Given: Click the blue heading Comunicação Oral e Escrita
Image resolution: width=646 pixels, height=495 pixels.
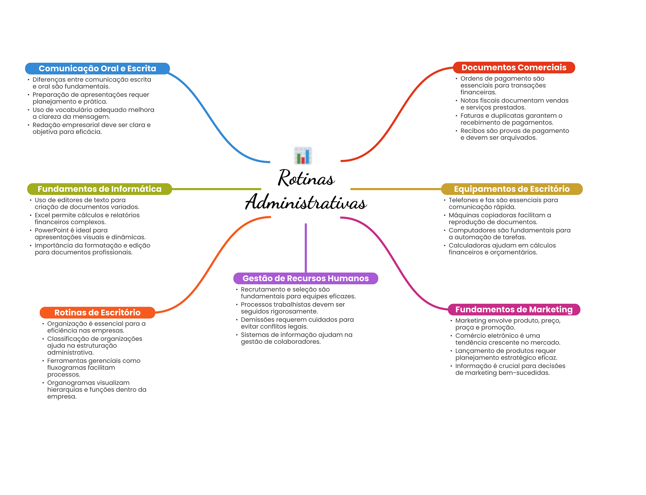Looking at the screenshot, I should click(97, 68).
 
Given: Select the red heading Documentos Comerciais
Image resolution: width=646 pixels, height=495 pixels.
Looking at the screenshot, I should click(514, 68).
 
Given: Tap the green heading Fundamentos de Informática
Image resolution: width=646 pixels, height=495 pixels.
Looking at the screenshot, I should click(99, 189).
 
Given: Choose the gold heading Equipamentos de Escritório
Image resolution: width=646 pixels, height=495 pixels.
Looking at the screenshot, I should click(511, 189).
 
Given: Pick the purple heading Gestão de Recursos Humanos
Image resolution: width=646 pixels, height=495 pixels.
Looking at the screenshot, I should click(305, 278).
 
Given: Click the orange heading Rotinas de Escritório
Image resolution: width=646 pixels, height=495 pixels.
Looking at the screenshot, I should click(97, 312).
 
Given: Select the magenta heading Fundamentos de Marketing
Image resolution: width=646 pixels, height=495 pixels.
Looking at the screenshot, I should click(514, 309).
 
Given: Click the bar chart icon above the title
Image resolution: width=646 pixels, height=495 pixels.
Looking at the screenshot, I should click(303, 156).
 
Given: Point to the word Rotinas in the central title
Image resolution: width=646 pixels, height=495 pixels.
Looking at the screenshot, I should click(306, 178).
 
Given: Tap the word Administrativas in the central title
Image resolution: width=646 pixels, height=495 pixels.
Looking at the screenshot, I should click(306, 202).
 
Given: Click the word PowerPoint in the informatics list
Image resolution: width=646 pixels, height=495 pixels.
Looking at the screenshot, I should click(50, 230).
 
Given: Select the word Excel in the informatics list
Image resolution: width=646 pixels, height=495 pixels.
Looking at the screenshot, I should click(43, 215).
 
